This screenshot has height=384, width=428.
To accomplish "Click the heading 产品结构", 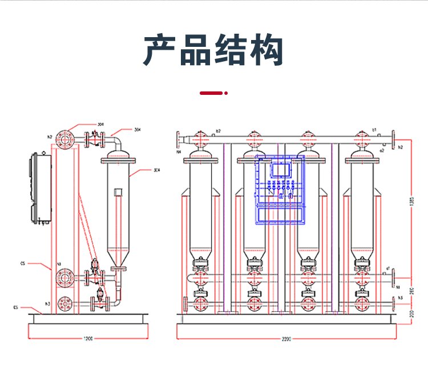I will tap(213, 50).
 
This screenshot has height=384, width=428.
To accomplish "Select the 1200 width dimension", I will tap(88, 339).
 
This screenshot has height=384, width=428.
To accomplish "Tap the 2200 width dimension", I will tap(286, 339).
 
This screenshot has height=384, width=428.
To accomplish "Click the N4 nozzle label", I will tap(178, 153).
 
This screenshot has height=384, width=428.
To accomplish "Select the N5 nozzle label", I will tap(401, 298).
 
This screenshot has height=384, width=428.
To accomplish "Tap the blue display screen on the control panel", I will tap(280, 170).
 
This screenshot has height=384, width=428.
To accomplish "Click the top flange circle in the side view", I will tap(64, 138).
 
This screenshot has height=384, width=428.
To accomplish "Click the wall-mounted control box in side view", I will tap(41, 189).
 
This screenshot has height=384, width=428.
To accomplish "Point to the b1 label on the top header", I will tap(374, 130).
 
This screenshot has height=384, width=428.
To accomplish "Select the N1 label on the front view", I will tap(398, 282).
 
